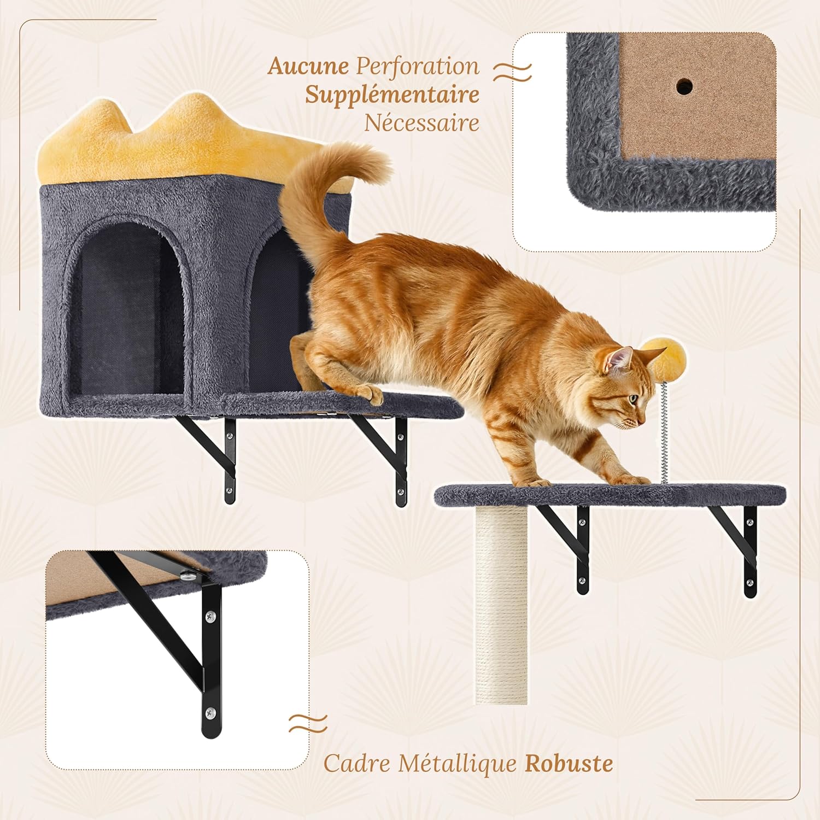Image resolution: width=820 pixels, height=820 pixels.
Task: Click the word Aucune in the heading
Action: (308, 66)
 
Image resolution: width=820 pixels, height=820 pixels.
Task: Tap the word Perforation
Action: (418, 66)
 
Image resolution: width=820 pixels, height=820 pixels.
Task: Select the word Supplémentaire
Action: (392, 95)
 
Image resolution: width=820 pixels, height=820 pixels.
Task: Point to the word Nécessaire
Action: (422, 122)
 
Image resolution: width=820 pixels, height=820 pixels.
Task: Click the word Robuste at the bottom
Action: (569, 763)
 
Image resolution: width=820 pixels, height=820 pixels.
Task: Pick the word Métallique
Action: (457, 763)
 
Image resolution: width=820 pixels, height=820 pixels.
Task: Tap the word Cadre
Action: (356, 763)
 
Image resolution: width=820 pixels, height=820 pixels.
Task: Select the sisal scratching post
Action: (501, 604)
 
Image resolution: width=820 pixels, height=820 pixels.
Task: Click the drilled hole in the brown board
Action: (684, 85)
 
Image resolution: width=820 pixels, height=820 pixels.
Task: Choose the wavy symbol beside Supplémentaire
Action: (512, 72)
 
